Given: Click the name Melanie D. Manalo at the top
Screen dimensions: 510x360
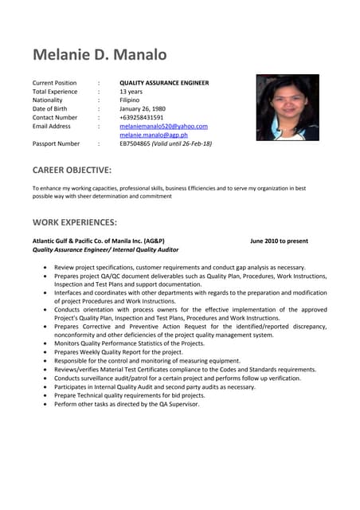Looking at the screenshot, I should (100, 55).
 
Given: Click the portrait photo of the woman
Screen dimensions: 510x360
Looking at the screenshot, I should (287, 108).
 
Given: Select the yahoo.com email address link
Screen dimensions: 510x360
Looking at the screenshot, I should (163, 126).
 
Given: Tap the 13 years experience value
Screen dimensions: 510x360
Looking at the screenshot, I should (132, 92).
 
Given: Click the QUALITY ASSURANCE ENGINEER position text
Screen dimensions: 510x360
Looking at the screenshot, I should (164, 83).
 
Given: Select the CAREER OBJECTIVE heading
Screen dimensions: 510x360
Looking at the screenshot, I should (72, 170).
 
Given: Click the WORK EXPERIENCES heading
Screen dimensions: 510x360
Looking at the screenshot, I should (74, 222).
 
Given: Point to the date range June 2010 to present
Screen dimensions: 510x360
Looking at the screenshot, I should (279, 241).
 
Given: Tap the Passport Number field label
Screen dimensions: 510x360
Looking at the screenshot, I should (56, 144).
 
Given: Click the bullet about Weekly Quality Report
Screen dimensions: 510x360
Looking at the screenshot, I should (119, 351).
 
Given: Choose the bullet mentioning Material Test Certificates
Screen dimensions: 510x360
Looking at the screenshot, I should (185, 369).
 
